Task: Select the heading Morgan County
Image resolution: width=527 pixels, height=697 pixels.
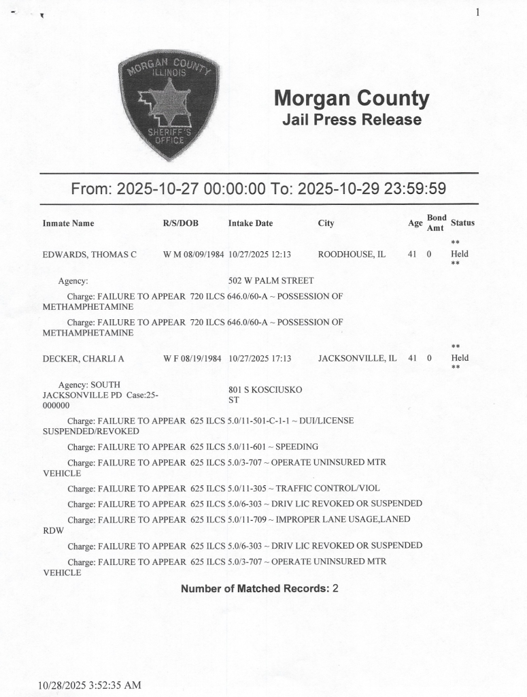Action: click(351, 99)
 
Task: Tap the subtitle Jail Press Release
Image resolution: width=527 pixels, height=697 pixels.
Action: click(351, 120)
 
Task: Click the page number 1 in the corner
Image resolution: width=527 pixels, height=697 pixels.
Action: click(478, 12)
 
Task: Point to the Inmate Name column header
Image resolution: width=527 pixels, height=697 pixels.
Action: click(68, 223)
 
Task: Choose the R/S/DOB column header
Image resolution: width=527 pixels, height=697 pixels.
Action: click(180, 223)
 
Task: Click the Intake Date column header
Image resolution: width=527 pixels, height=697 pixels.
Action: click(250, 223)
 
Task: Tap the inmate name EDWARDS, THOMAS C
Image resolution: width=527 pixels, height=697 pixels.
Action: click(90, 255)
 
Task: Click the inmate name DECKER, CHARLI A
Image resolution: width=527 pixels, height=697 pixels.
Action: click(83, 358)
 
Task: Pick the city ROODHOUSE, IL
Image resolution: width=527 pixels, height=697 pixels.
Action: click(352, 255)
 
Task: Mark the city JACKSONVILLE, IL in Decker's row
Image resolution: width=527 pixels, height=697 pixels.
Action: click(357, 358)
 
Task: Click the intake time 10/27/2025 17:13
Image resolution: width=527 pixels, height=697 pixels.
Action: click(260, 358)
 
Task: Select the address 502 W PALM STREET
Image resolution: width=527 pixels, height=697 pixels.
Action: click(271, 280)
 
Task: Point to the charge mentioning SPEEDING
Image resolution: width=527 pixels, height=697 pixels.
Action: click(193, 447)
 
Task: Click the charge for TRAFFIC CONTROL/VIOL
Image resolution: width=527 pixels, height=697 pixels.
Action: click(224, 488)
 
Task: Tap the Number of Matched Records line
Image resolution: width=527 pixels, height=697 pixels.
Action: click(259, 588)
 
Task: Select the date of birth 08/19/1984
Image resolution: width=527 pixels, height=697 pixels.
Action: click(202, 358)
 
